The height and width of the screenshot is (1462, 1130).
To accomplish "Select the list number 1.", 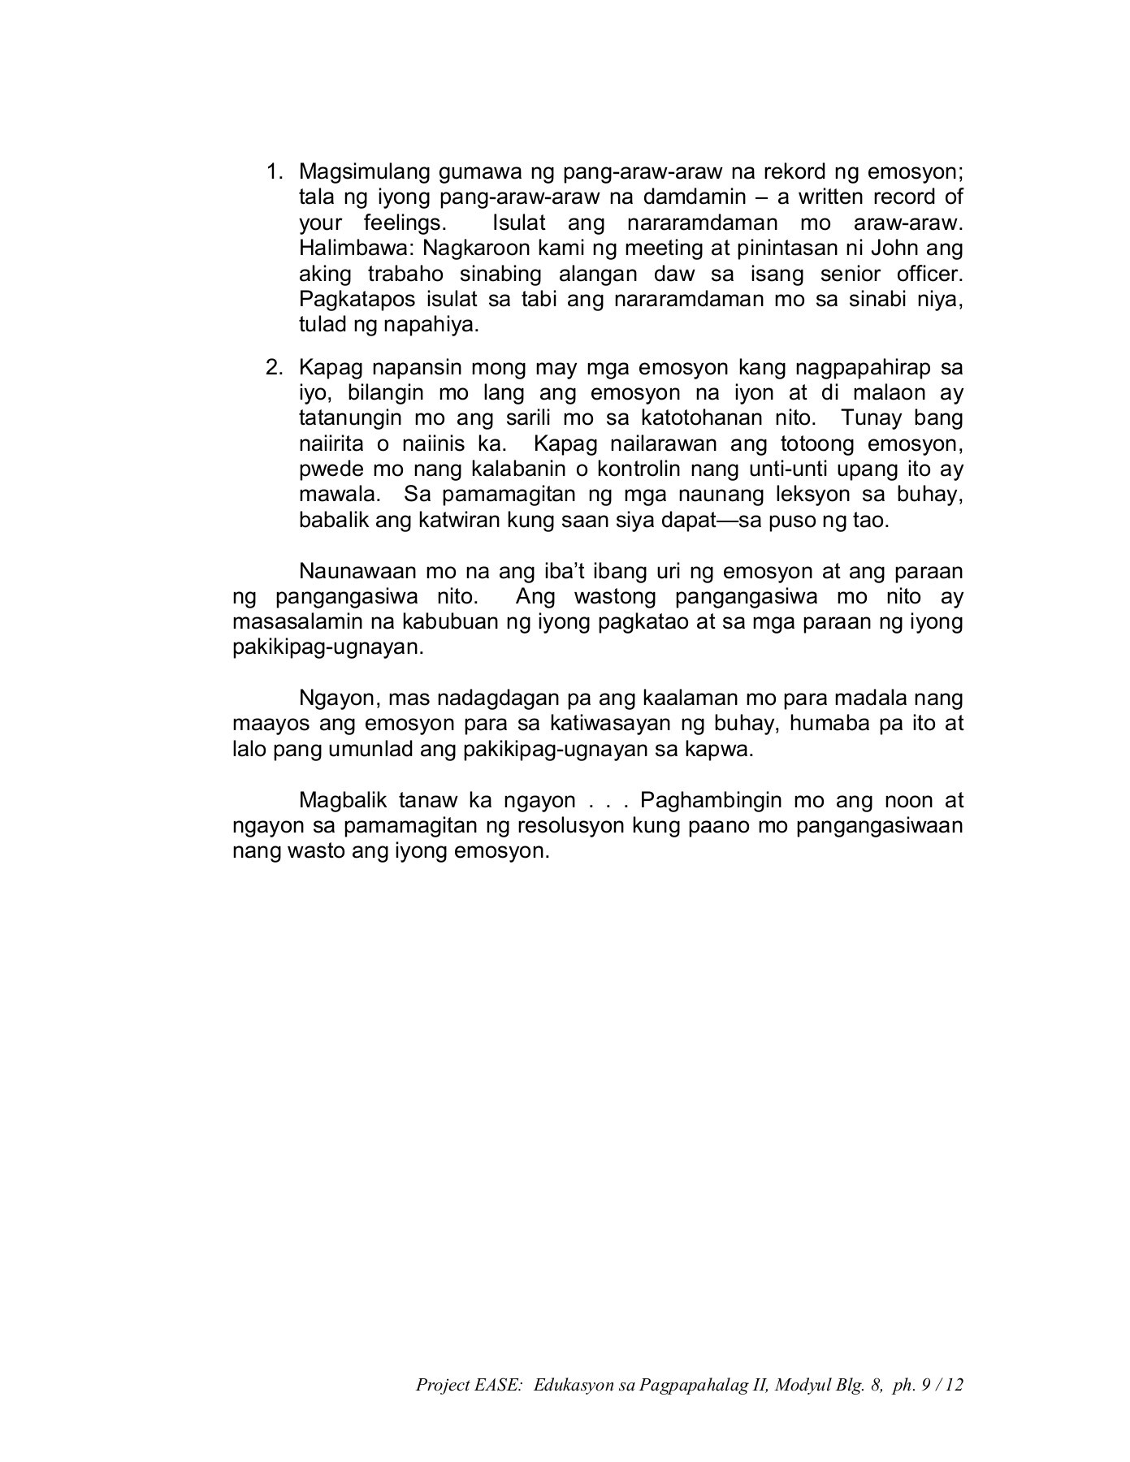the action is (274, 172).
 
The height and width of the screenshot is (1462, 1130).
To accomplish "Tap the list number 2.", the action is (274, 368).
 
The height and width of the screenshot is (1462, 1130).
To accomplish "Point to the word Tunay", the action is (872, 419).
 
